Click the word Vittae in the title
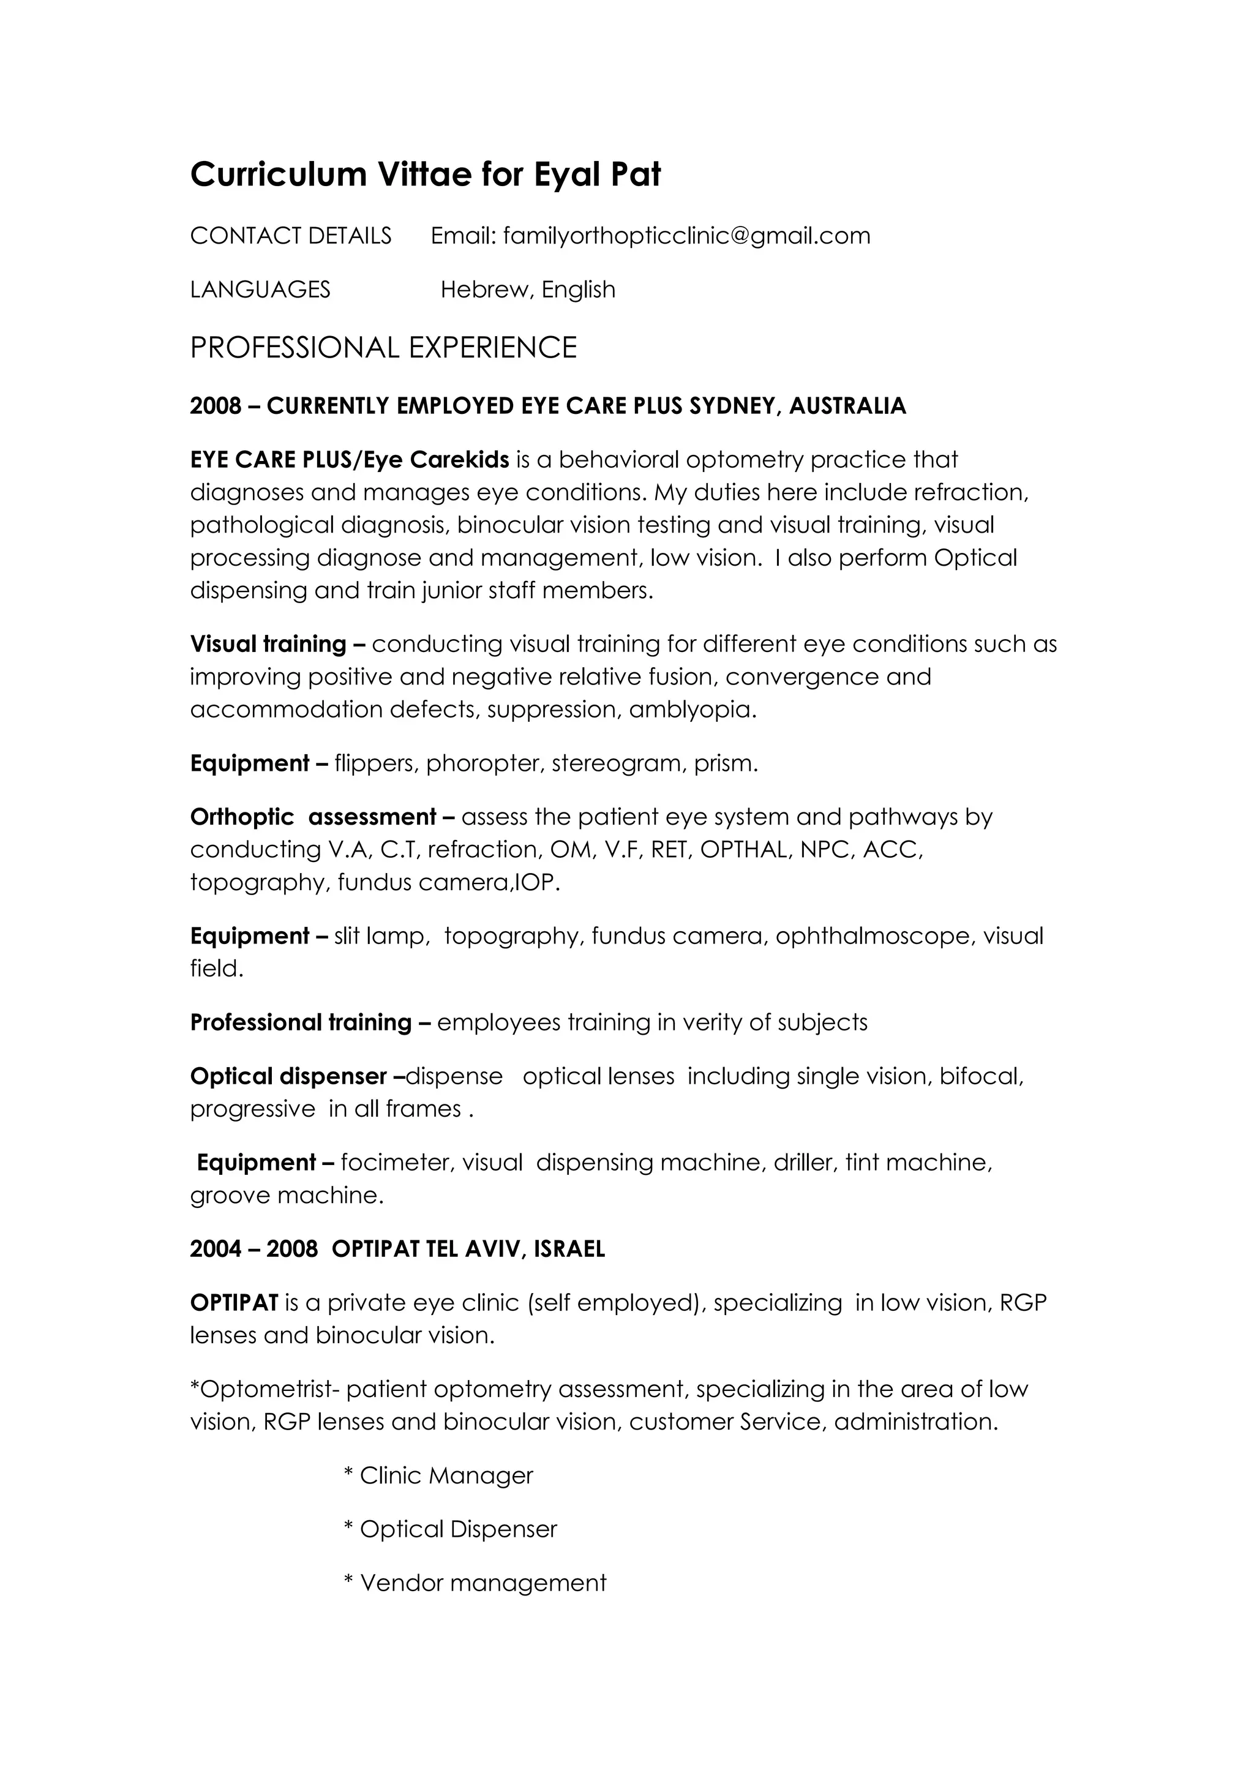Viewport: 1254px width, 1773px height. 424,174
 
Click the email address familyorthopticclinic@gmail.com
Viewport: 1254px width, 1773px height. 686,236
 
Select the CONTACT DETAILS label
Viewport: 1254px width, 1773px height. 290,236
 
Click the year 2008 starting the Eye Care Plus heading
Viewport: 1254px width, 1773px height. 216,406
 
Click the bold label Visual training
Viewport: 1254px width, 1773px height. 268,644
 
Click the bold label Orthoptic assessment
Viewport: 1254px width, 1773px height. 313,817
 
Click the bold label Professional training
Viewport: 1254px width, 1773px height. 301,1022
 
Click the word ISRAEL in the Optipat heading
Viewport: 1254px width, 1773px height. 569,1250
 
